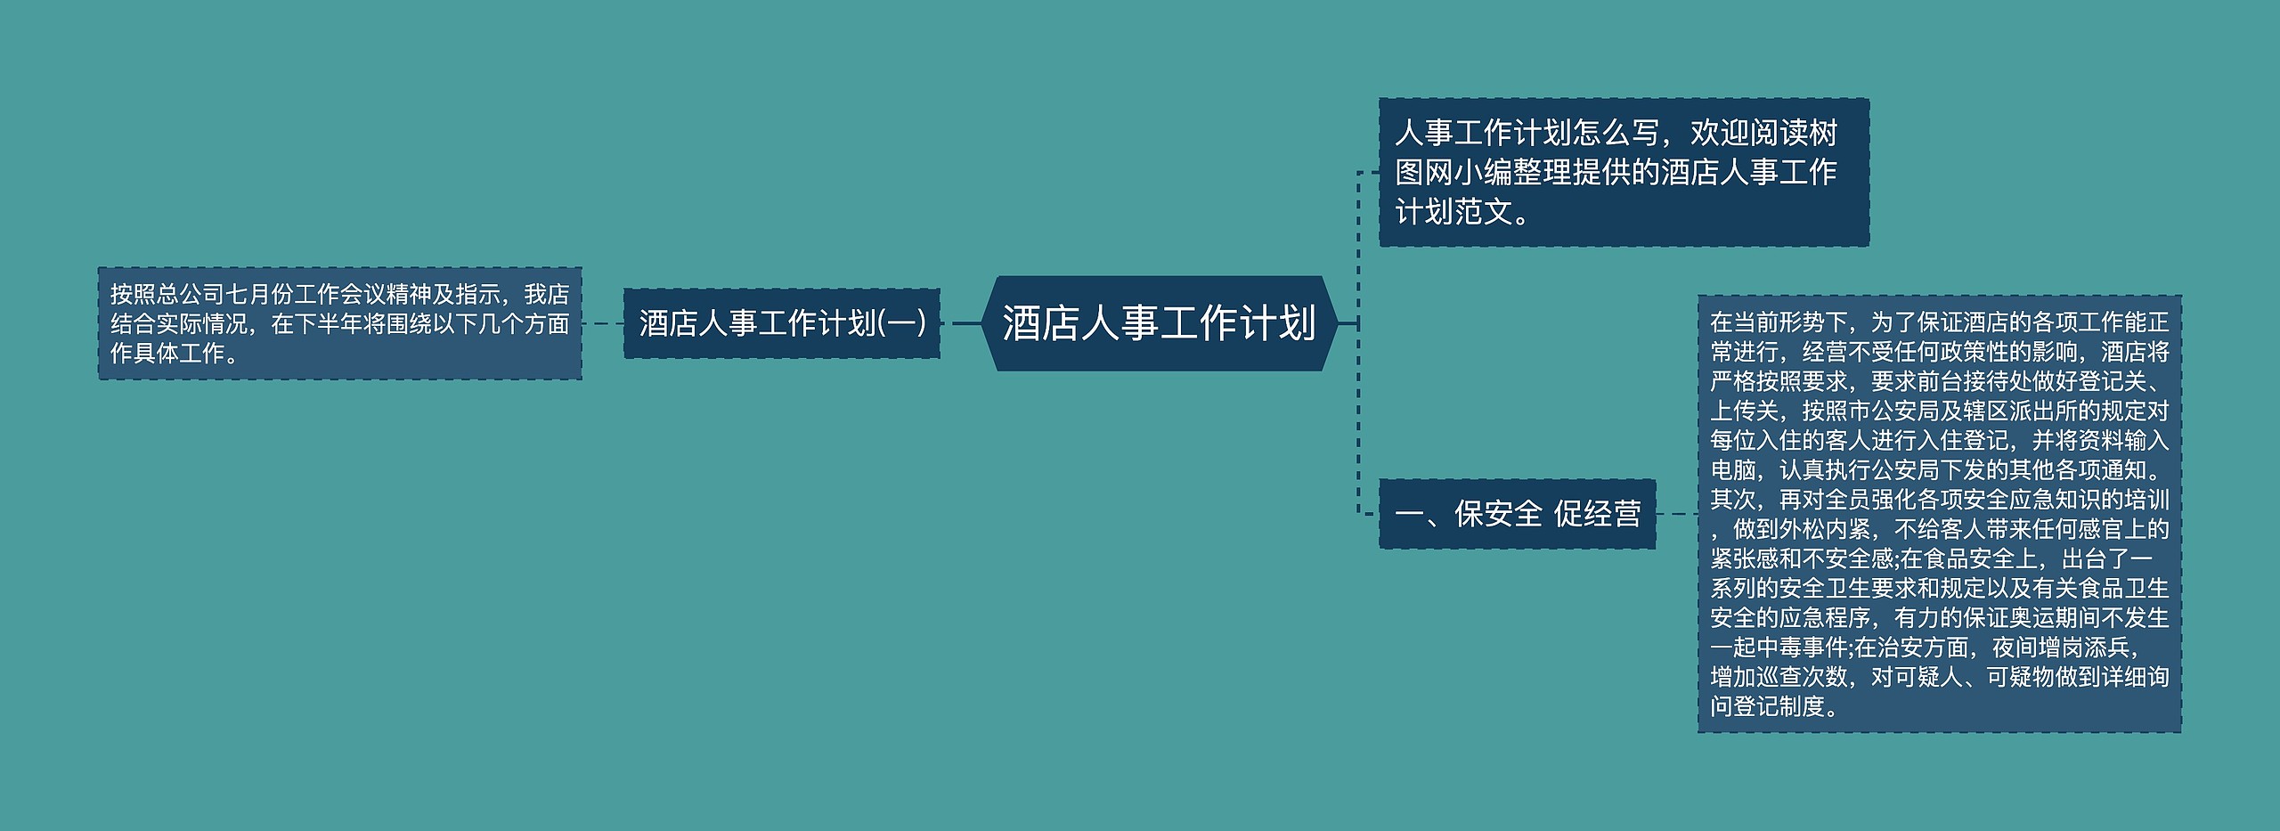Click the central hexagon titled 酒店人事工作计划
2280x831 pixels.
point(1158,323)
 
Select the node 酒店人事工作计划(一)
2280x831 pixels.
point(781,323)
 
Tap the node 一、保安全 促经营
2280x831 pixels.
point(1517,514)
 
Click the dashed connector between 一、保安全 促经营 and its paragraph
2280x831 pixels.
point(1676,514)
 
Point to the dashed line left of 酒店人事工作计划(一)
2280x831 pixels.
point(602,323)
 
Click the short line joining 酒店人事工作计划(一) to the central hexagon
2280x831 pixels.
point(965,323)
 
